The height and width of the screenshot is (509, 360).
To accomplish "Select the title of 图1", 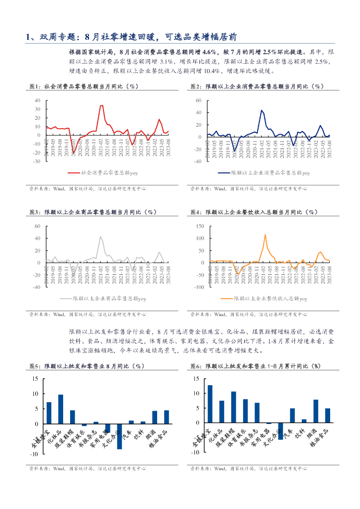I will pos(83,86).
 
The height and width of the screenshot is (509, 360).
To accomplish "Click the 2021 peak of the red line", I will pos(101,105).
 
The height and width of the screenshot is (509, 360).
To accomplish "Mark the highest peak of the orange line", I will pos(265,234).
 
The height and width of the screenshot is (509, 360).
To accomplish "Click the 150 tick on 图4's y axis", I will pos(201,226).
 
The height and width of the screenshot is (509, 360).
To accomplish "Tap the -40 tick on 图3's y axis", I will pos(37,287).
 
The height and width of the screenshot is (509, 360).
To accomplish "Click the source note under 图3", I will pos(87,314).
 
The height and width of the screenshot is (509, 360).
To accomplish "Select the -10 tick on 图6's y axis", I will pos(196,452).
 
